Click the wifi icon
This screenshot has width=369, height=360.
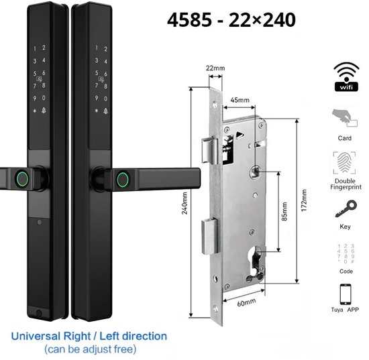coord(346,76)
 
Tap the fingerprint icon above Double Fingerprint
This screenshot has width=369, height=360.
coord(344,163)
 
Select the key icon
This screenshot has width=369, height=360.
coord(346,208)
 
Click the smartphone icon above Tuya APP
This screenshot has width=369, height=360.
coord(346,294)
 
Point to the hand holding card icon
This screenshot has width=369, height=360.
coord(345,119)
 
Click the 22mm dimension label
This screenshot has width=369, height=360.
coord(215,68)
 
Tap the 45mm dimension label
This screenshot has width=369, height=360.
coord(240,100)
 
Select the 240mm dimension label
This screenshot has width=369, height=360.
coord(184,203)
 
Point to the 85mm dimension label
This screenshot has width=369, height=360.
coord(284,211)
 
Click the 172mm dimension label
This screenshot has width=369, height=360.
coord(304,200)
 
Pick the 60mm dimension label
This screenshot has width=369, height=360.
coord(246,302)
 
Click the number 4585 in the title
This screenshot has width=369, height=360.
coord(189,19)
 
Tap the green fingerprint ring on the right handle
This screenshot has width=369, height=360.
coord(123,180)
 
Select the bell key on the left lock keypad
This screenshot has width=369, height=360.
coord(44,111)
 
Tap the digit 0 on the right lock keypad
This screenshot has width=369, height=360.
coord(105,99)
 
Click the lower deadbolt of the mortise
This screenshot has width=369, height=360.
coord(209,236)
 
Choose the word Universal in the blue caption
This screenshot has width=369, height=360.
coord(36,337)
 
